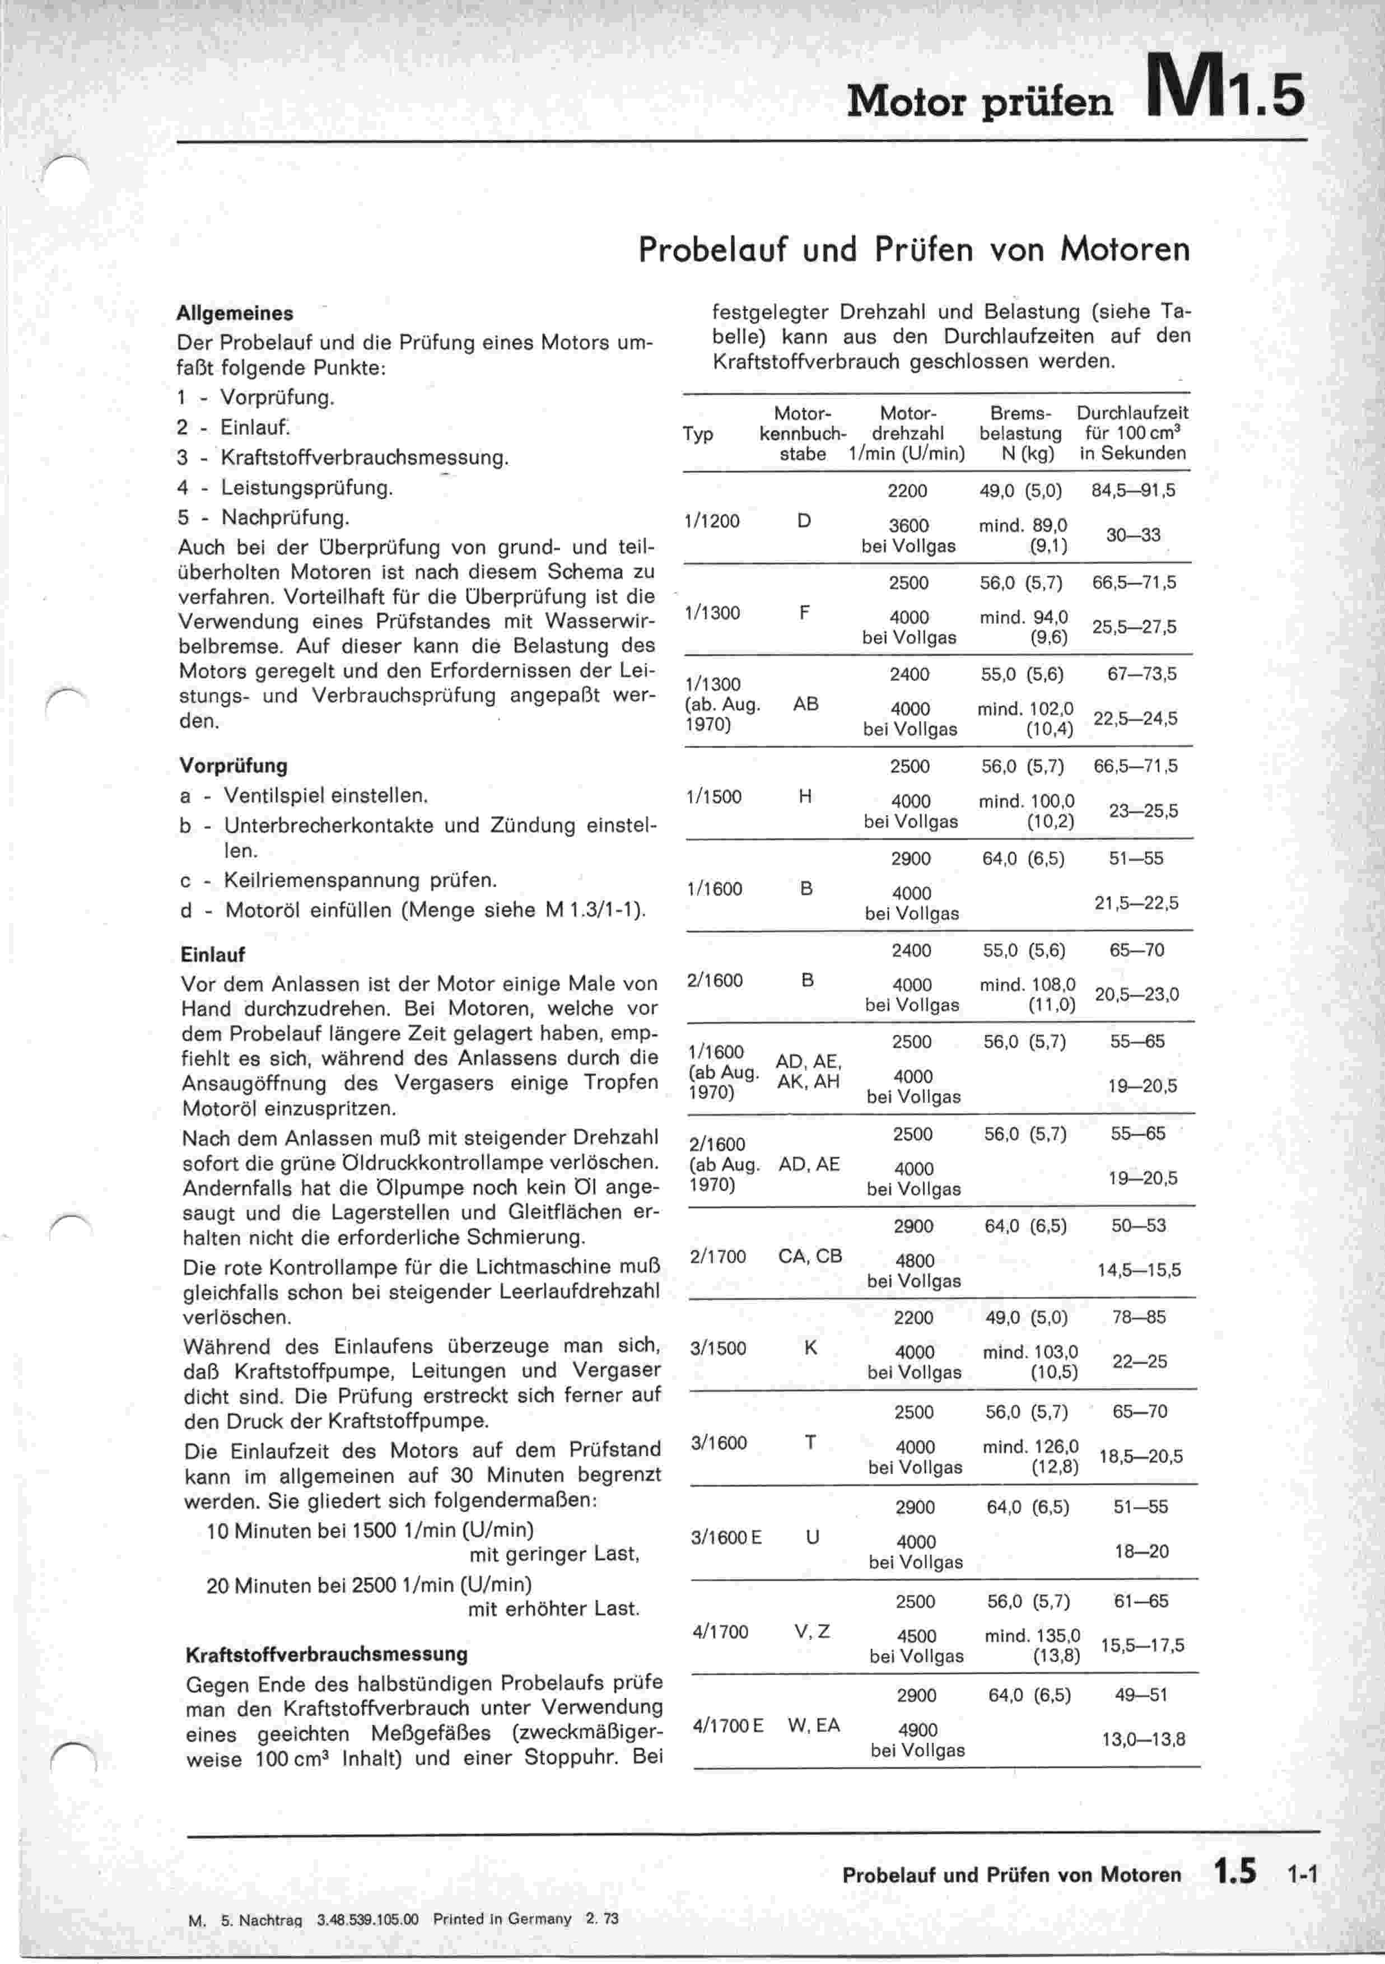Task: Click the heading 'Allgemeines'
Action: (x=235, y=313)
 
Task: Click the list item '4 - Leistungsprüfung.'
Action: (x=285, y=488)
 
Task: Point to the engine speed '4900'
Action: (x=917, y=1729)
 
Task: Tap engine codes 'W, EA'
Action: (x=814, y=1725)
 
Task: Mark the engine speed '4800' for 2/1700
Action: (x=913, y=1261)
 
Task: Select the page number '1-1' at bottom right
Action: (x=1302, y=1876)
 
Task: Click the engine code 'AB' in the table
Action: (x=806, y=704)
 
